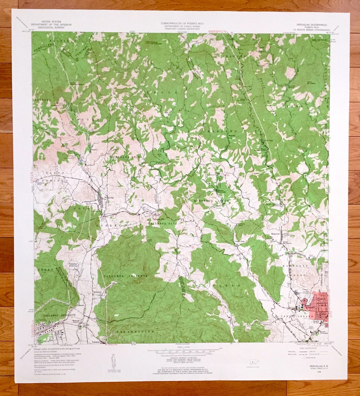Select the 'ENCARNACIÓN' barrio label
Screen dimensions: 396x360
pos(135,332)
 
